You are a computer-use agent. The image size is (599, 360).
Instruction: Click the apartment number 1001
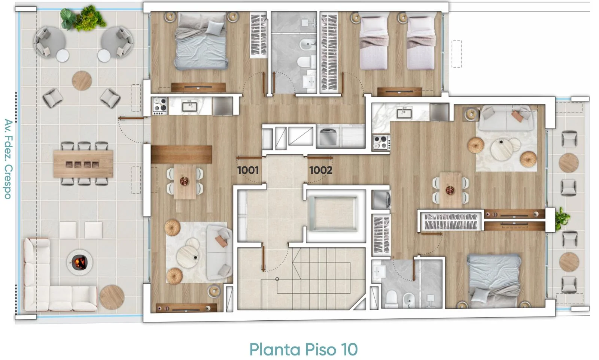(248, 170)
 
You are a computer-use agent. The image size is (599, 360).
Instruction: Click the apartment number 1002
(320, 170)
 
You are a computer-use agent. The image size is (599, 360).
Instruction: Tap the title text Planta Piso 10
(304, 349)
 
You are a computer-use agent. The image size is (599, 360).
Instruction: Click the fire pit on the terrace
(79, 262)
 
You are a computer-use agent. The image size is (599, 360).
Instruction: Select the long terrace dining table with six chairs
(83, 164)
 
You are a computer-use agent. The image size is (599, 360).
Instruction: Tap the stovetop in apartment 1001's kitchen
(160, 106)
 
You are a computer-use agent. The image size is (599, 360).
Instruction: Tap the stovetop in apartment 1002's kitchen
(381, 142)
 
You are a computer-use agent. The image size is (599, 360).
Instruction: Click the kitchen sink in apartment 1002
(404, 113)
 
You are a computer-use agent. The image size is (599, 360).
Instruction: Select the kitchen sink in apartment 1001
(189, 106)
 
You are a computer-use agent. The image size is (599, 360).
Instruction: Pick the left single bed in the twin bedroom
(374, 42)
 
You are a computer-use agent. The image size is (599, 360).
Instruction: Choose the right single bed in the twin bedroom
(420, 42)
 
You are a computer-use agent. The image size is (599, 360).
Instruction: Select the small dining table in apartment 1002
(450, 190)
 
